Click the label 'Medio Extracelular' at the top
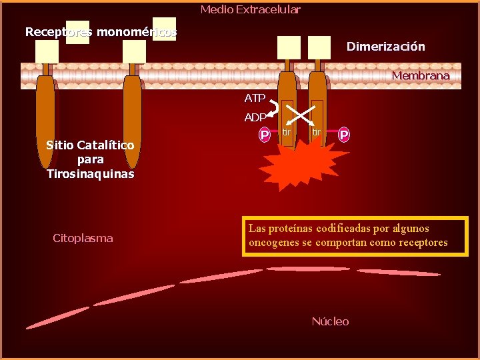click(250, 9)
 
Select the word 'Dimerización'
click(385, 47)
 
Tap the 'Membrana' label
click(421, 75)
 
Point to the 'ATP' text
click(255, 98)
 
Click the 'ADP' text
click(255, 117)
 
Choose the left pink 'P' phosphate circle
click(265, 135)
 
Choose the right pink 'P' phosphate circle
click(344, 135)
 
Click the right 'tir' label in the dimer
click(317, 133)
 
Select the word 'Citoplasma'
click(83, 238)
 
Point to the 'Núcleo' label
click(330, 321)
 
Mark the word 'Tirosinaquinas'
click(90, 174)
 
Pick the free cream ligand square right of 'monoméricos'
click(164, 29)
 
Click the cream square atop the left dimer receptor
click(289, 47)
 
